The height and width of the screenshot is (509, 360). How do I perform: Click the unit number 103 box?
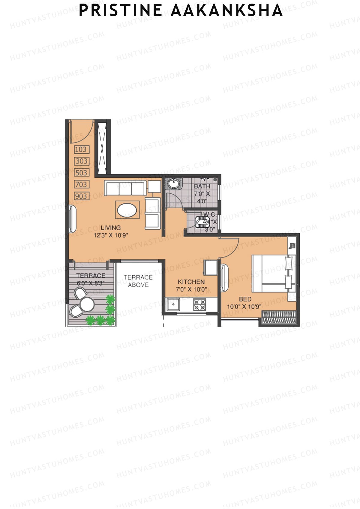coord(81,149)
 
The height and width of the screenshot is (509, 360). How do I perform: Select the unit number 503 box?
coord(81,173)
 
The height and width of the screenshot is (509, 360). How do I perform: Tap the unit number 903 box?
coord(81,196)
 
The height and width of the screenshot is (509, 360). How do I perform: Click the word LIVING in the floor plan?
coord(111,228)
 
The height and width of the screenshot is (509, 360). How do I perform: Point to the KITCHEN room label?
coord(191,282)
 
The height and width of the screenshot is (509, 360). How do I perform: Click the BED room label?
coord(245,299)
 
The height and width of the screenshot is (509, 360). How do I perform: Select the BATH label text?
coord(202,186)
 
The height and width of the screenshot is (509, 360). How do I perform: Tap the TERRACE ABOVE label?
coord(138,281)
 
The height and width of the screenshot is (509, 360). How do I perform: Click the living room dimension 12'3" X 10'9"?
coord(111,235)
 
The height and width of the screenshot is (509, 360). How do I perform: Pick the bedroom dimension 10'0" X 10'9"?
coord(244,307)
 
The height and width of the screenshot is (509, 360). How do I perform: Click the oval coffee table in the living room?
coord(127,210)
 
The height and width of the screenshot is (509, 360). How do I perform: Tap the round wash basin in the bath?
coord(173,183)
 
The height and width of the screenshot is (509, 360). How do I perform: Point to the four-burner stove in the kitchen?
coord(199,305)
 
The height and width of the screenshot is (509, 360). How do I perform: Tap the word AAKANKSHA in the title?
coord(227,10)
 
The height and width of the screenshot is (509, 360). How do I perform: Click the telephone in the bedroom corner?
coord(292,246)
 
